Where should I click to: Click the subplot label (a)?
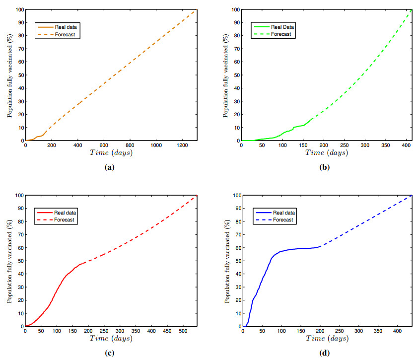pyautogui.click(x=110, y=167)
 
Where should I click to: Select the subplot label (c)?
pyautogui.click(x=110, y=353)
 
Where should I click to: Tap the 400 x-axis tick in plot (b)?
pyautogui.click(x=406, y=145)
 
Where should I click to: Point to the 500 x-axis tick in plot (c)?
pyautogui.click(x=248, y=331)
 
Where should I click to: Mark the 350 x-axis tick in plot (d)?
pyautogui.click(x=378, y=331)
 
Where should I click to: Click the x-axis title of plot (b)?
pyautogui.click(x=326, y=153)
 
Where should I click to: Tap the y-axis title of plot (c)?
pyautogui.click(x=9, y=261)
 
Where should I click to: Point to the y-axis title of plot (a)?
pyautogui.click(x=9, y=75)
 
